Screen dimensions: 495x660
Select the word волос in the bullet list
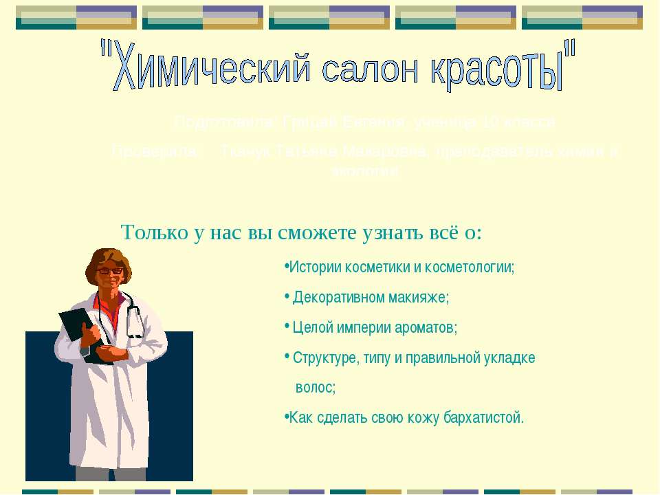tap(314, 388)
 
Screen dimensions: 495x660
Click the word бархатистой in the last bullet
tap(481, 417)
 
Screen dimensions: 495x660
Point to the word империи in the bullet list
tap(365, 328)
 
